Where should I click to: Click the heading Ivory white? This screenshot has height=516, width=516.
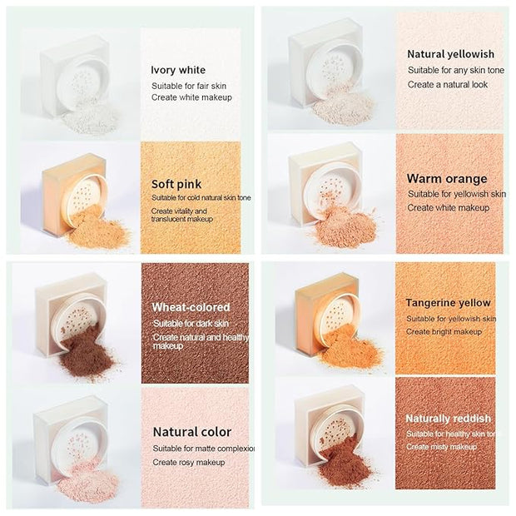(x=178, y=70)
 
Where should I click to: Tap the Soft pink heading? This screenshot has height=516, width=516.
(x=176, y=184)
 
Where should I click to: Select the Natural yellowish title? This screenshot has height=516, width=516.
(x=451, y=54)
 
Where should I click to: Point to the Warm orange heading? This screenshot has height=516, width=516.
(x=447, y=179)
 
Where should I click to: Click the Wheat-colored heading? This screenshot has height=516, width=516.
(x=191, y=307)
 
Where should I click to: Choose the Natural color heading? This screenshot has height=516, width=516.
(x=192, y=432)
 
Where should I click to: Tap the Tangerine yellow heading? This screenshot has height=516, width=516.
(x=449, y=303)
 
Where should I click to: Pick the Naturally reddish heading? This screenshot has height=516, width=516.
(x=449, y=419)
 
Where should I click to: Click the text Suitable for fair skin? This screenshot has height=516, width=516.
(x=189, y=87)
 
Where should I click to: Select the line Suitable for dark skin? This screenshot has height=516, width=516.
(x=191, y=324)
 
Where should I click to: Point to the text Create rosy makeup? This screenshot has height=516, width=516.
(x=189, y=463)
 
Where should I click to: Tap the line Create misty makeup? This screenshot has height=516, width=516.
(x=441, y=447)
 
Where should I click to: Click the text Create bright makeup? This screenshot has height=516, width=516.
(x=444, y=332)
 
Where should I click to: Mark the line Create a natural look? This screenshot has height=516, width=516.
(x=448, y=85)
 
